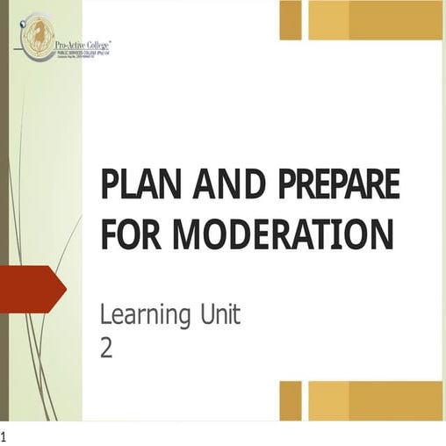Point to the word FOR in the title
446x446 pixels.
(131, 234)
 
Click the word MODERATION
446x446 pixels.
(281, 234)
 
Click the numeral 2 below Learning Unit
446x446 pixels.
(107, 348)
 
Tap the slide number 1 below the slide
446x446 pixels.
(4, 436)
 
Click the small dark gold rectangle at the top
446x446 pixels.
(290, 19)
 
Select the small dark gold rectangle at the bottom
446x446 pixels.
(290, 399)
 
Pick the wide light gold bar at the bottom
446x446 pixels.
(374, 399)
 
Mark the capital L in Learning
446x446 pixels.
(106, 313)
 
